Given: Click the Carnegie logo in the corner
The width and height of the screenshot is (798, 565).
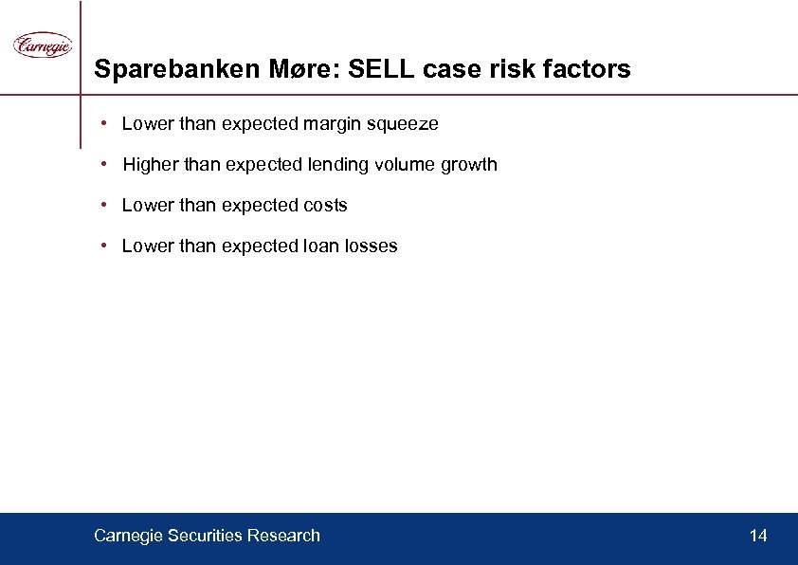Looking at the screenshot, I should [x=42, y=45].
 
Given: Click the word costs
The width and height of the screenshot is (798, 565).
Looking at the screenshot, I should [x=325, y=206].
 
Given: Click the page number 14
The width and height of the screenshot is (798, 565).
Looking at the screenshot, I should [x=758, y=537].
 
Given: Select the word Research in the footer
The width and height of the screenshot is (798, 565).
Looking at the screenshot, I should [x=283, y=537].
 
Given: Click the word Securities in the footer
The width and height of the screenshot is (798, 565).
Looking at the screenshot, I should [x=204, y=537].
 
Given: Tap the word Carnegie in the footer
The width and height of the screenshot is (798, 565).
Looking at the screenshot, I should [x=128, y=537].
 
